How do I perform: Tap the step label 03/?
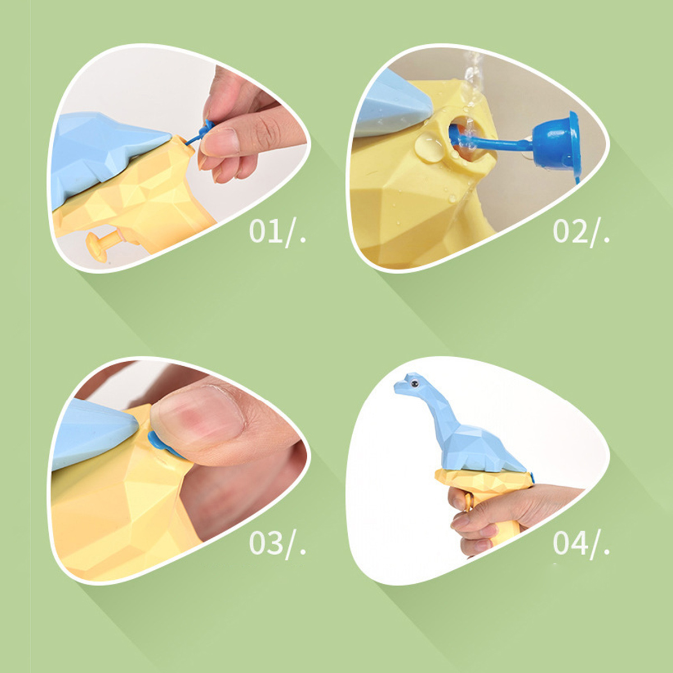[277, 544]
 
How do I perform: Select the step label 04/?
[581, 544]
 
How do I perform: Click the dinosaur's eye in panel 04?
[414, 384]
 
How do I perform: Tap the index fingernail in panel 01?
[220, 142]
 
